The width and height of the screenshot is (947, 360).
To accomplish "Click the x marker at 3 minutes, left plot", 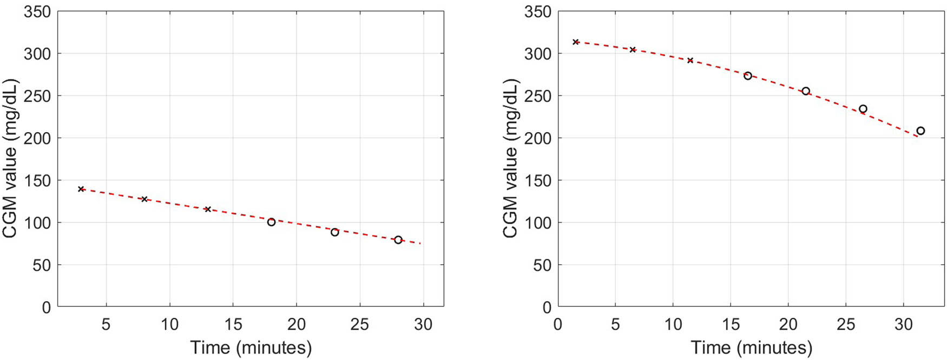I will point(81,189).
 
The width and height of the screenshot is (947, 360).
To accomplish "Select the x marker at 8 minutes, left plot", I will point(144,199).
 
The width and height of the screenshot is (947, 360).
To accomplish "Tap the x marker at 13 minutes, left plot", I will point(208,209).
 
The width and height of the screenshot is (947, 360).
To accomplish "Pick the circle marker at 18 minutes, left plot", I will point(271,222).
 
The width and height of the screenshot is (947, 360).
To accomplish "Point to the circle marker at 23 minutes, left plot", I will point(335,232).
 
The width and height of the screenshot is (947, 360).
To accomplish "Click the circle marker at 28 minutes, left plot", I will point(398,240).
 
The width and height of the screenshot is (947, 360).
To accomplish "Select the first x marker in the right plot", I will point(576,42).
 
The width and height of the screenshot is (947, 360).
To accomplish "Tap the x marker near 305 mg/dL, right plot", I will point(633,50).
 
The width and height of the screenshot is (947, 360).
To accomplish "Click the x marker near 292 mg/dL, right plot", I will point(690,60).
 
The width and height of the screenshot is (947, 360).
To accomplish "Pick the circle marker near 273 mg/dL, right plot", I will point(748,76).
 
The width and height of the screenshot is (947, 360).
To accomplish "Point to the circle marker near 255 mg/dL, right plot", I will point(806,91).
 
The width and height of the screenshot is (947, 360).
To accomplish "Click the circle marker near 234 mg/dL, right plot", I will point(863,109).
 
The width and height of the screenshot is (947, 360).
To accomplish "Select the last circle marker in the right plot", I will point(920,130).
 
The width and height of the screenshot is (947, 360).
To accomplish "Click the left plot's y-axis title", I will point(10,159).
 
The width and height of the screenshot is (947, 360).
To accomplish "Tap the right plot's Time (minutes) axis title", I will point(752,347).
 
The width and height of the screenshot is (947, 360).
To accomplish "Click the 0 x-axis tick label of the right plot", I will point(558,324).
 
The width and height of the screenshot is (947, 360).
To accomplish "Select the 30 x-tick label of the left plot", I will point(423,324).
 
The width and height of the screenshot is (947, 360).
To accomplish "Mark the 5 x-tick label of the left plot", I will point(106,324).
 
